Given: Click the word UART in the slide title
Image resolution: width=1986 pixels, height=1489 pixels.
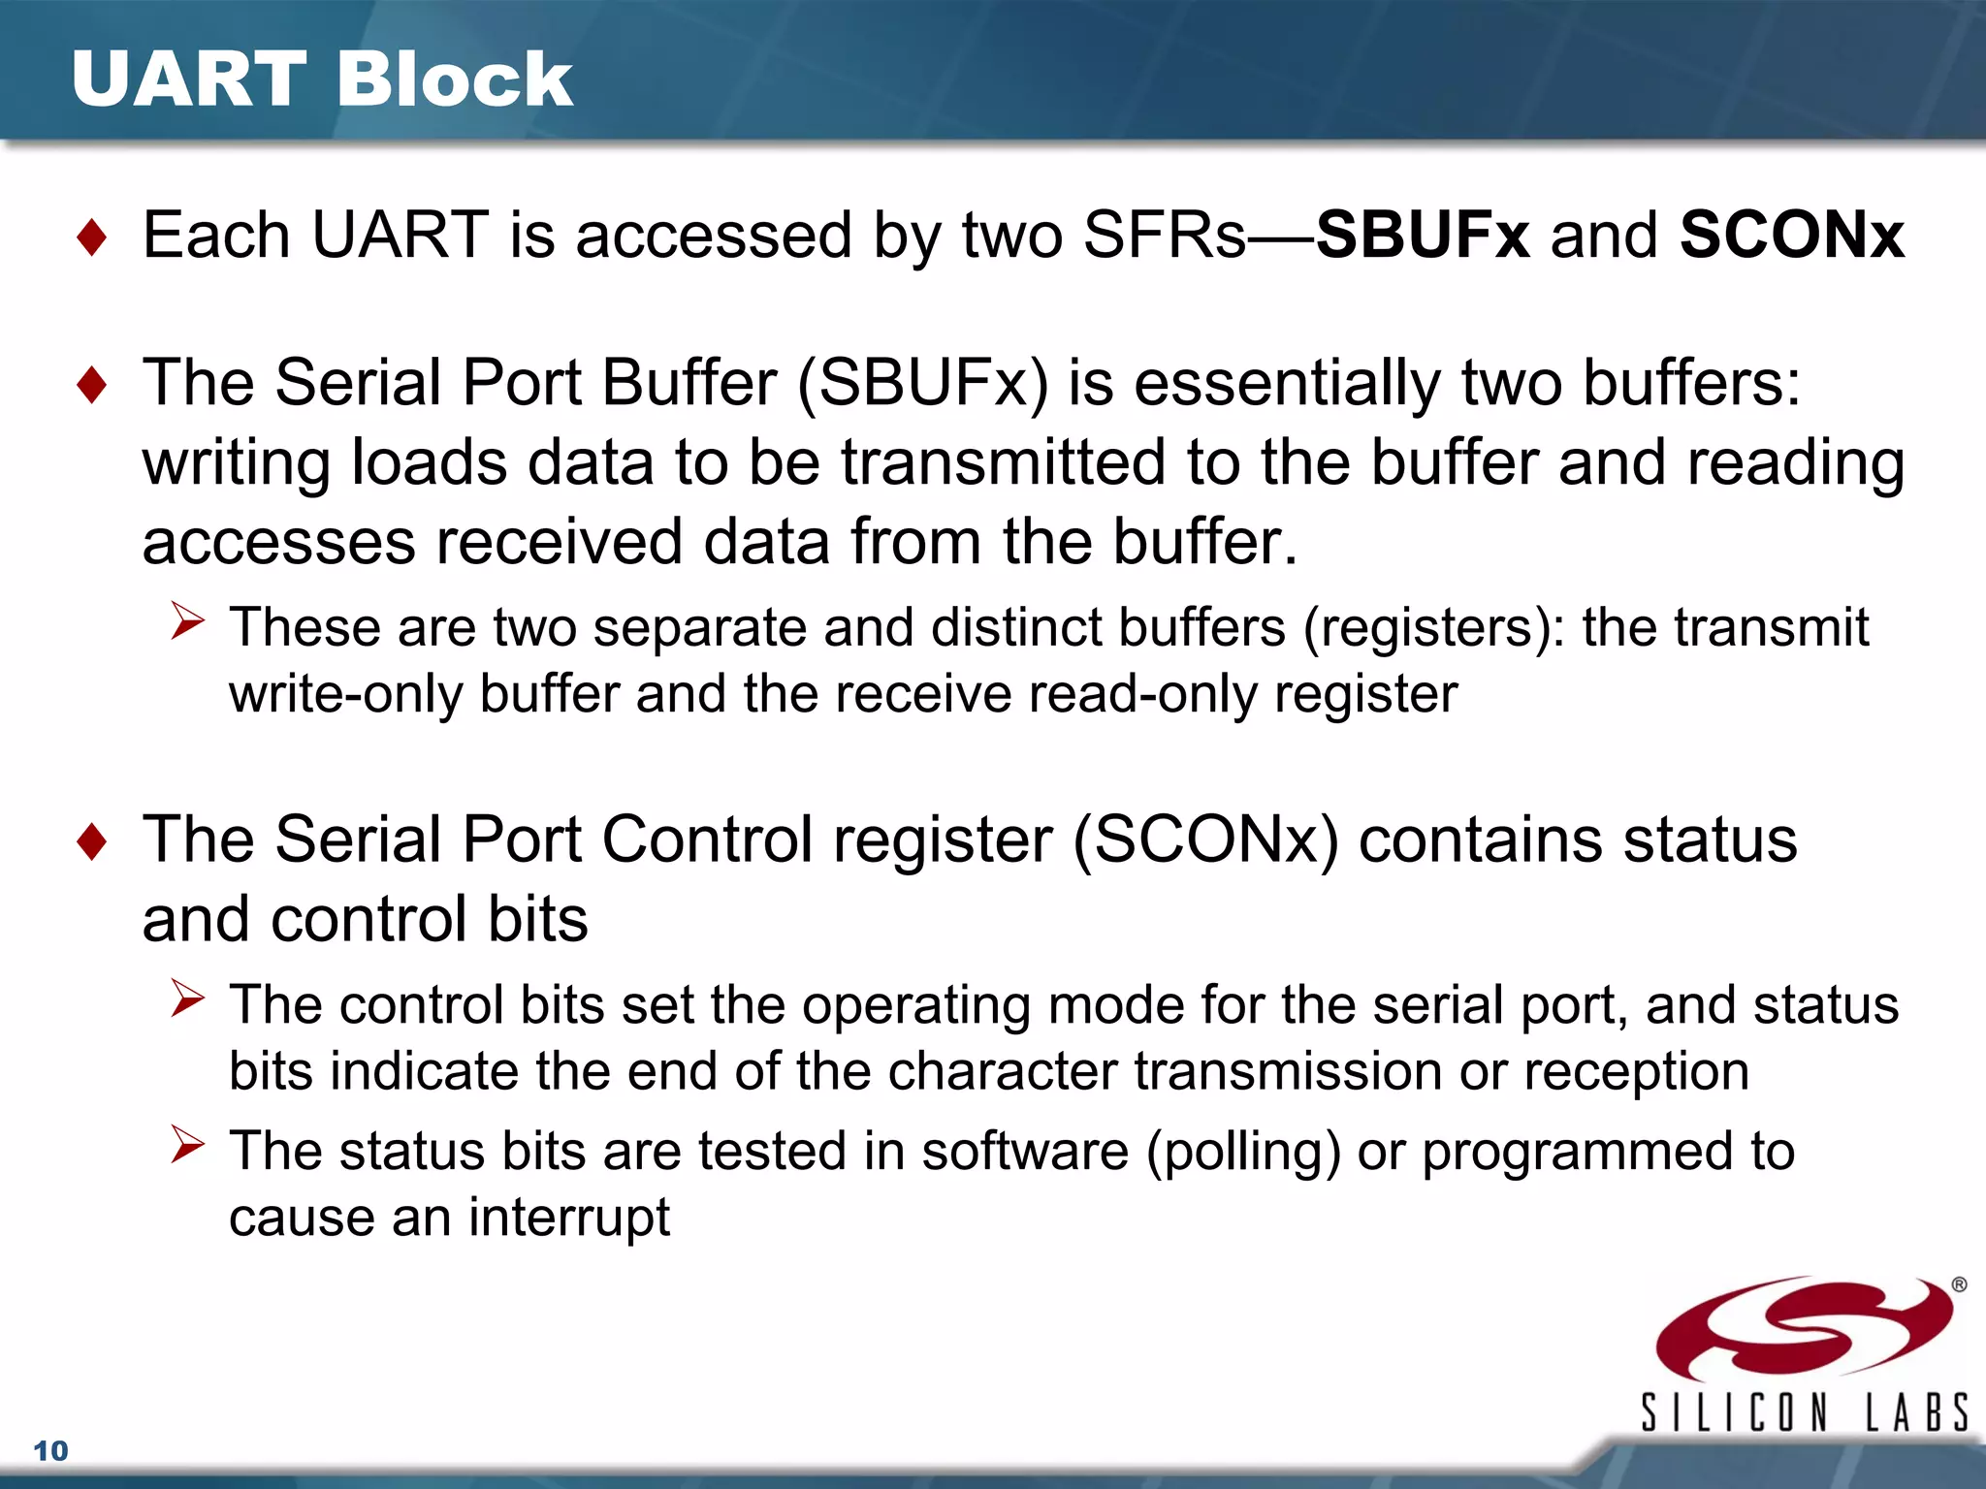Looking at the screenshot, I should tap(189, 79).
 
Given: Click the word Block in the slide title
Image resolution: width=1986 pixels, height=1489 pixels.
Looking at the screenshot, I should tap(456, 79).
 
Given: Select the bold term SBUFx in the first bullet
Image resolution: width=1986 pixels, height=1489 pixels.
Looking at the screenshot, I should tap(1423, 236).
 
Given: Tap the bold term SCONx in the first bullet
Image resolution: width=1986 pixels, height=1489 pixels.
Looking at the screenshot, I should tap(1792, 236).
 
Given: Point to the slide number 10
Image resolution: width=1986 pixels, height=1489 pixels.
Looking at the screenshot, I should tap(50, 1451).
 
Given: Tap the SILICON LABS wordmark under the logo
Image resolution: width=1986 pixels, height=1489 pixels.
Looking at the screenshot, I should tap(1804, 1412).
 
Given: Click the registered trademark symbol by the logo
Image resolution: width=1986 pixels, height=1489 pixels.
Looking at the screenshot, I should tap(1959, 1285).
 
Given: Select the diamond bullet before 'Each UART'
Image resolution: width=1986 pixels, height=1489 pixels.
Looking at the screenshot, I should tap(92, 238).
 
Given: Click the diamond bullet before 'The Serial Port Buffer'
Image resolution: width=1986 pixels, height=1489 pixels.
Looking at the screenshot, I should tap(92, 385).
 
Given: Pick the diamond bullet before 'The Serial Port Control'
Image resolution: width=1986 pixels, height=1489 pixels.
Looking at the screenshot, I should tap(92, 841).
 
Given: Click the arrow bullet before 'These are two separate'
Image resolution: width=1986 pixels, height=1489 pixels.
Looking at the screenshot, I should tap(187, 620).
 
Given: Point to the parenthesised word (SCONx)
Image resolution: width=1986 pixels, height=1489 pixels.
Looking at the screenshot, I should tap(1205, 840).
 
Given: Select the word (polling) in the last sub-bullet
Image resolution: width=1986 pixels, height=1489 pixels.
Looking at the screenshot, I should tap(1243, 1153).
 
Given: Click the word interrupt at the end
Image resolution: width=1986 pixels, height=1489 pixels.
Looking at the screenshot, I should tap(569, 1219).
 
